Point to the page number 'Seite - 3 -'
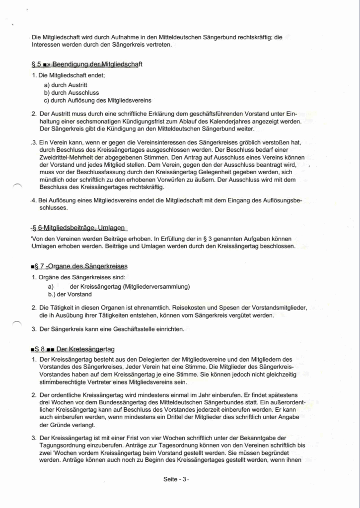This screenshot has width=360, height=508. click(x=176, y=480)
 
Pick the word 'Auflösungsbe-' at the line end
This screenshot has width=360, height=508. click(x=280, y=201)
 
